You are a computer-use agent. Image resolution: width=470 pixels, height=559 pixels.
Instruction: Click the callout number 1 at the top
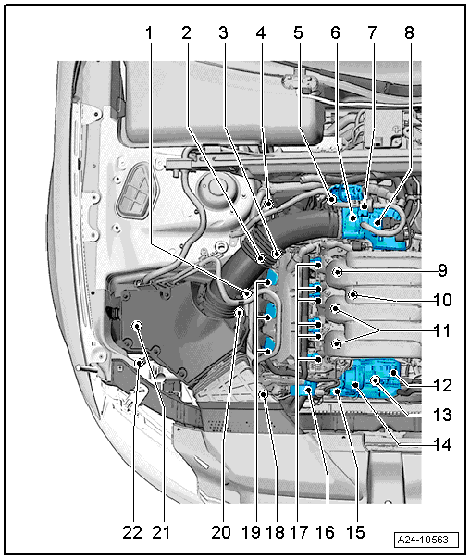tap(149, 32)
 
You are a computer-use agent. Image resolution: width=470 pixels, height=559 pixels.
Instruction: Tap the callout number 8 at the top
tap(409, 32)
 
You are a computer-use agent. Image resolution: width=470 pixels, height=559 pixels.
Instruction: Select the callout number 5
tap(298, 32)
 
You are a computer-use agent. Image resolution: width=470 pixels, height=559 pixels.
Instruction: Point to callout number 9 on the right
tap(442, 270)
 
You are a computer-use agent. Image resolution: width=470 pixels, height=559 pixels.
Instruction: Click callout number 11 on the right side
tap(442, 330)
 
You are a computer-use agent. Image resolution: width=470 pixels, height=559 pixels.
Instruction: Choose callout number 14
tap(442, 444)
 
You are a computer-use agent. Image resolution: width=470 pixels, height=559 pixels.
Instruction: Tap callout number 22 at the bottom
tap(132, 532)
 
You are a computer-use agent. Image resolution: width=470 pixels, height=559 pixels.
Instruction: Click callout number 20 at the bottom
tap(221, 532)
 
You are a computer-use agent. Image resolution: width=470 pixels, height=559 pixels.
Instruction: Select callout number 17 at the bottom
tap(299, 532)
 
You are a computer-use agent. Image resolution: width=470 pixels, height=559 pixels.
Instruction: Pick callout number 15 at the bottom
tap(355, 532)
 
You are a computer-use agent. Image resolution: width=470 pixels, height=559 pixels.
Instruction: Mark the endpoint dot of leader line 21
tap(137, 326)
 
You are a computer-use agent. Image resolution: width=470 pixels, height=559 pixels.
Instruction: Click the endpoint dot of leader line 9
tap(338, 272)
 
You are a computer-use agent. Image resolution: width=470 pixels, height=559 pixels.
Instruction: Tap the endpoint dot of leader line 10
tap(352, 294)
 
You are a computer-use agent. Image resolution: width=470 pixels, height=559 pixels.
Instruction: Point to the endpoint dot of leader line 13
tap(376, 380)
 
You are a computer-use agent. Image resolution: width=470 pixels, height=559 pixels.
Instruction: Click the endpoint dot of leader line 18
tap(264, 394)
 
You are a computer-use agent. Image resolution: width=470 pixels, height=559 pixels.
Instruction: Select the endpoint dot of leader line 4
tap(269, 204)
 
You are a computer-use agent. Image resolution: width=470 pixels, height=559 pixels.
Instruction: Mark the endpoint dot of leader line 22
tap(140, 364)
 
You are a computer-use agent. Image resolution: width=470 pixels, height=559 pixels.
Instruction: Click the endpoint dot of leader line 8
tap(377, 224)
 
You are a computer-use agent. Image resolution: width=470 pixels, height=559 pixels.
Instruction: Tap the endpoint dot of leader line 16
tap(309, 391)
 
